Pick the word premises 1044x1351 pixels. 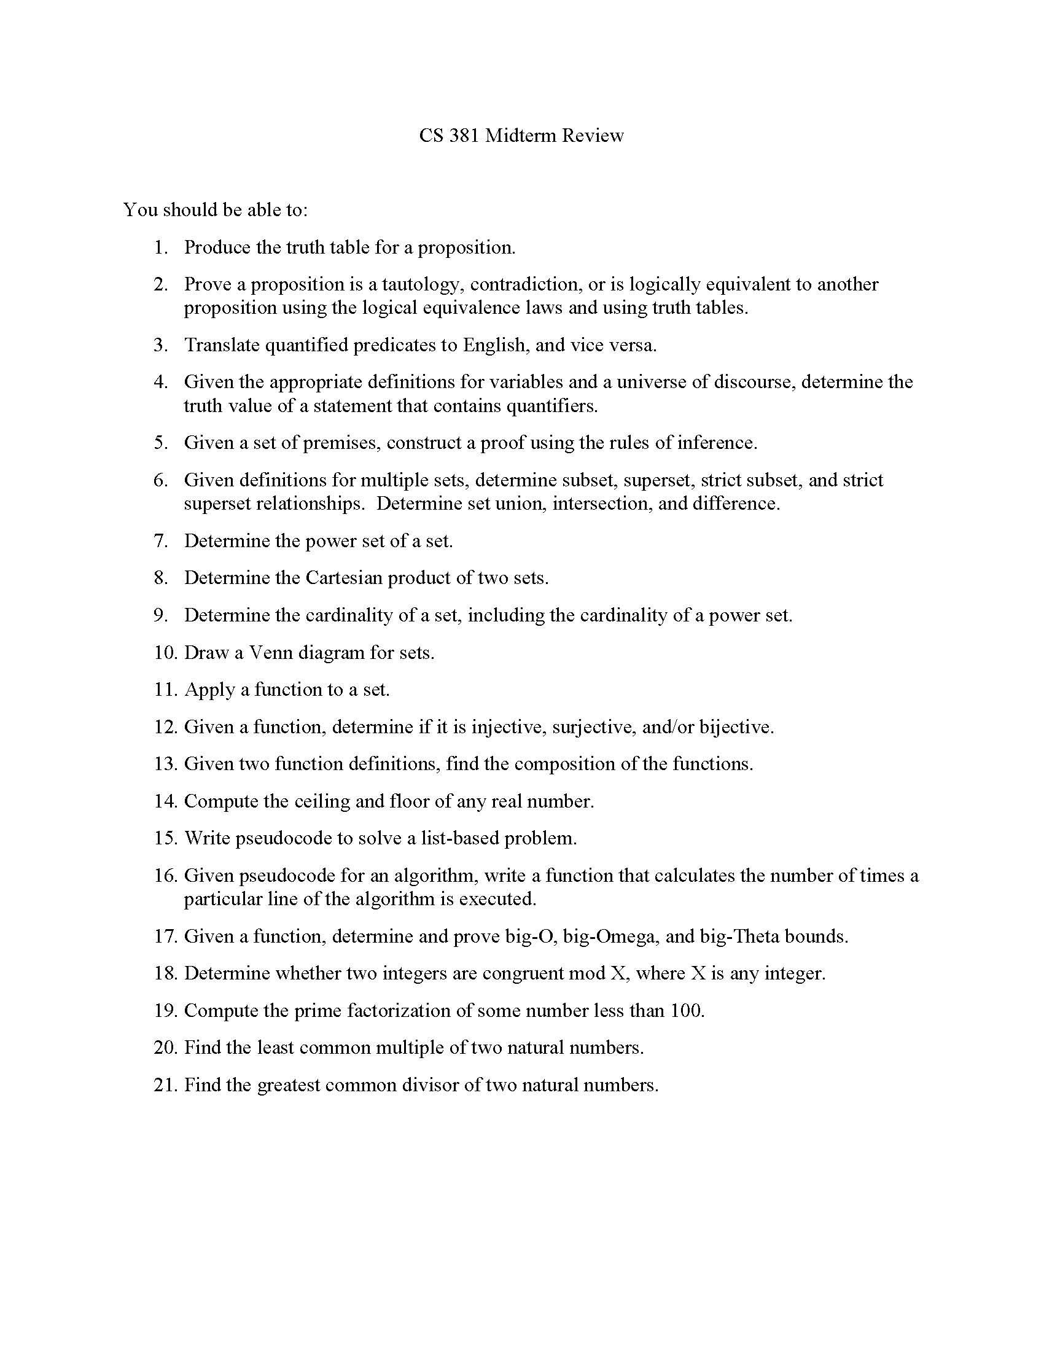pos(341,443)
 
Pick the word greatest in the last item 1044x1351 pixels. pos(287,1086)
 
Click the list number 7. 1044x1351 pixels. pos(161,541)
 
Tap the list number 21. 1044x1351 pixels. pos(165,1086)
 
